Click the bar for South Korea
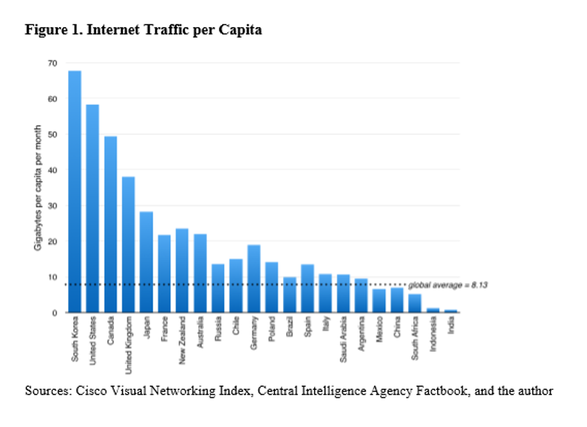(x=75, y=192)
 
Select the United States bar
(x=93, y=208)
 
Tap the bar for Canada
(x=110, y=225)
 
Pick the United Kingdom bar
(x=128, y=245)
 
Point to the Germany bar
(x=254, y=278)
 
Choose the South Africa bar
(x=415, y=303)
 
